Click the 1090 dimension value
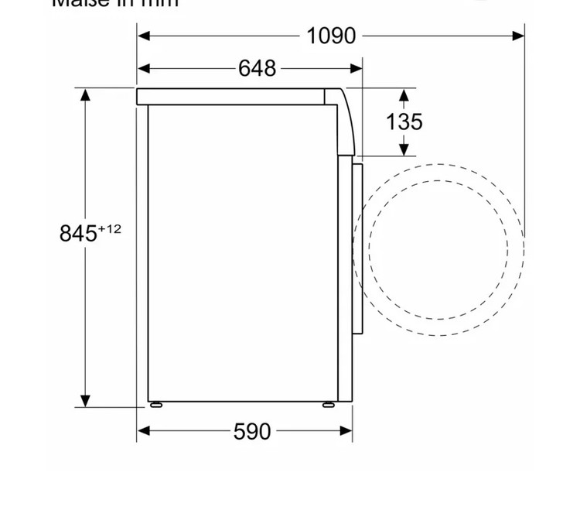click(x=331, y=36)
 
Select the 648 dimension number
click(x=257, y=69)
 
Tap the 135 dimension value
click(x=404, y=122)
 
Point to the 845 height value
click(x=78, y=233)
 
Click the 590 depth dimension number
click(x=252, y=431)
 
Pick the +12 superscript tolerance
click(x=110, y=228)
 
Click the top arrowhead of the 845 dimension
click(x=85, y=94)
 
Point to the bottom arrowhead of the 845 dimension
click(x=85, y=401)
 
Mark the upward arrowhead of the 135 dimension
click(x=404, y=94)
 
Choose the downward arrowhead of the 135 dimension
click(x=404, y=149)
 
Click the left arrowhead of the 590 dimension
click(x=143, y=431)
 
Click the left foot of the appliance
click(x=156, y=404)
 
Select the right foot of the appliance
click(x=329, y=404)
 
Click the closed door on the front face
click(x=357, y=248)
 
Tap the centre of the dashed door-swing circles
click(x=438, y=249)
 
